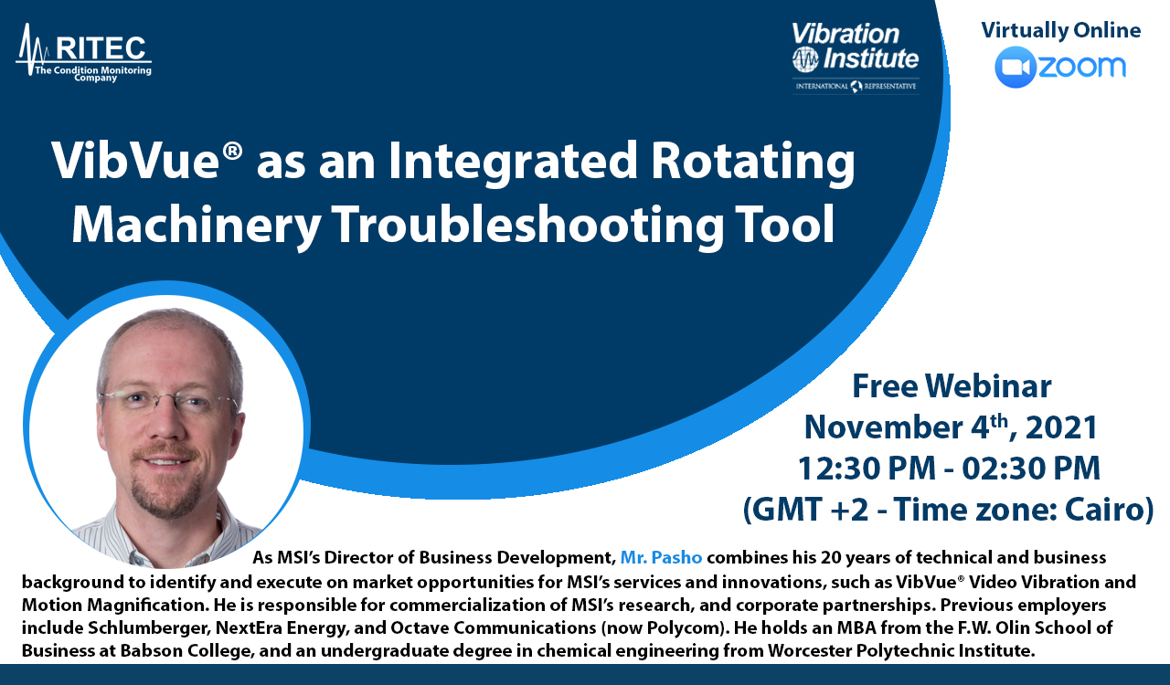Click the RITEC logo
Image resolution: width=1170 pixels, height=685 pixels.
tap(84, 53)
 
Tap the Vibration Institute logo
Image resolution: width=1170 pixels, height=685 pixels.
tap(856, 58)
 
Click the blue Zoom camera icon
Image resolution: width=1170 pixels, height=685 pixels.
tap(1015, 67)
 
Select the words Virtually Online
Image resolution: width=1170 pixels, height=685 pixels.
tap(1061, 30)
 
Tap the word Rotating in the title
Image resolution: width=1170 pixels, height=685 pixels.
tap(752, 163)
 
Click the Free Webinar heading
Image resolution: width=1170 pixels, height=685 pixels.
tap(952, 386)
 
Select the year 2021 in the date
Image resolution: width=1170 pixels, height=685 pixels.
tap(1061, 427)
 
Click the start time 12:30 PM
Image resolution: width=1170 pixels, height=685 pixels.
tap(867, 468)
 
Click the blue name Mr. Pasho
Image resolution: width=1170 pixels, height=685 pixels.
tap(661, 558)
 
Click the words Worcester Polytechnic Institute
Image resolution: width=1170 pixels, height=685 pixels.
tap(900, 650)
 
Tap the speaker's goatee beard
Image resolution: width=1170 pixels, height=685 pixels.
tap(163, 488)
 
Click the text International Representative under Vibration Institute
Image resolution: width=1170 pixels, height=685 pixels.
tap(856, 86)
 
